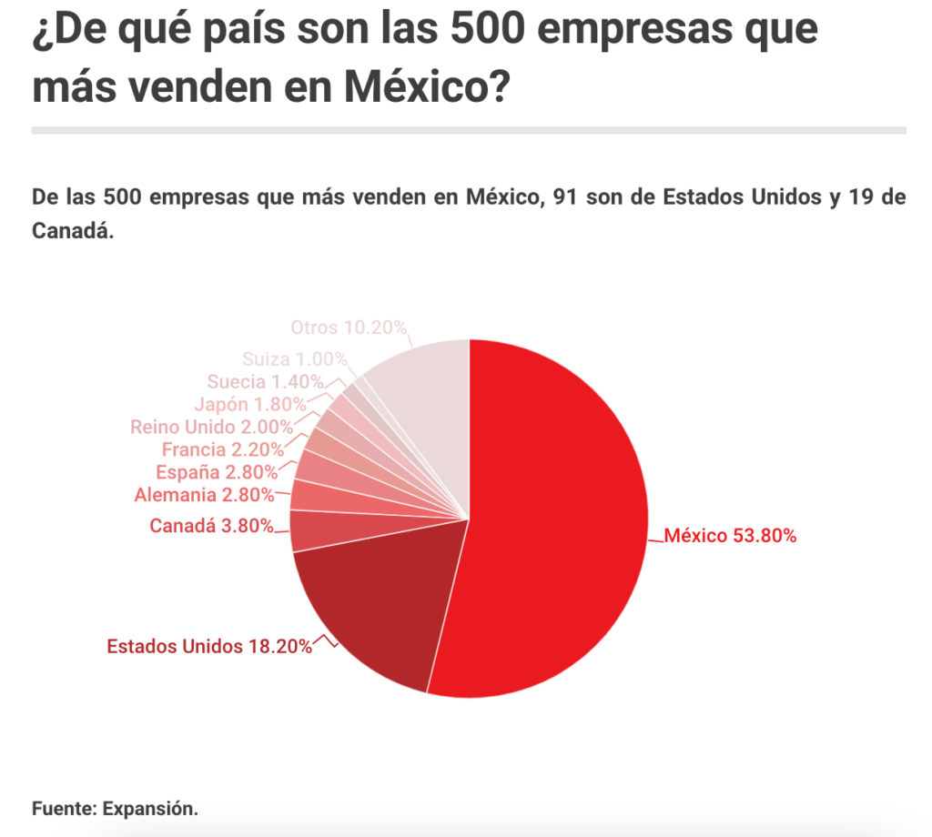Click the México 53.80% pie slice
click(x=555, y=519)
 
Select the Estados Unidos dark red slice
click(x=373, y=610)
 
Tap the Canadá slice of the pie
click(x=309, y=530)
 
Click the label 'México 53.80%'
click(x=730, y=536)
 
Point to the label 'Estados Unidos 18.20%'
click(x=209, y=647)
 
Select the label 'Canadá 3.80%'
click(x=211, y=525)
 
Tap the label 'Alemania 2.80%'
click(x=204, y=495)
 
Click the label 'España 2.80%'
click(x=215, y=471)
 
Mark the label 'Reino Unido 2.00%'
click(x=211, y=426)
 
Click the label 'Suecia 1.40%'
click(x=265, y=381)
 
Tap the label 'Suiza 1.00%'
click(x=295, y=358)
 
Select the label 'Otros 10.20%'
click(x=349, y=327)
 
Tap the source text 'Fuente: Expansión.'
click(x=115, y=808)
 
